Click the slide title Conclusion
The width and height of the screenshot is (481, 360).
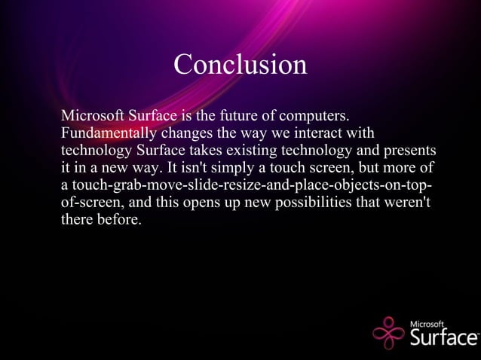point(240,64)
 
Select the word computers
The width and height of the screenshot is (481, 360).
point(314,117)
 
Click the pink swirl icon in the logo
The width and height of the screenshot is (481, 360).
point(389,332)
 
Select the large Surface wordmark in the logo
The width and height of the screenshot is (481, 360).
point(443,337)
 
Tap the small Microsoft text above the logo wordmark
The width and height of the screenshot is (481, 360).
point(427,323)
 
